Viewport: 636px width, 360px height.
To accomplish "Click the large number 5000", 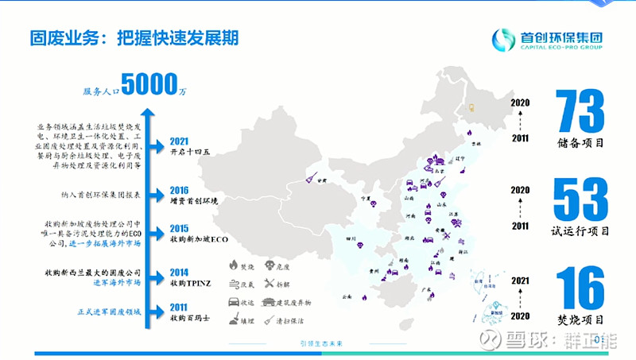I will [x=149, y=84].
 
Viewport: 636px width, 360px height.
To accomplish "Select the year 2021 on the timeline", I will [x=180, y=142].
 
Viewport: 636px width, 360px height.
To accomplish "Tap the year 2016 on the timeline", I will [x=180, y=191].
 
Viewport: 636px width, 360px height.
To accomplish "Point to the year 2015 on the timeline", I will [x=180, y=229].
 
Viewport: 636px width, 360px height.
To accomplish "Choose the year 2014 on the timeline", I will [x=180, y=272].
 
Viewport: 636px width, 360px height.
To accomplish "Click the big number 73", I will [x=580, y=111].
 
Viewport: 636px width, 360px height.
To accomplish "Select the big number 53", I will [x=580, y=201].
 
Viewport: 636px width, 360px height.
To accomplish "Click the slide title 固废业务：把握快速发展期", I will [x=135, y=38].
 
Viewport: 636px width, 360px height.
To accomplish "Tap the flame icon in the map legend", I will [x=234, y=265].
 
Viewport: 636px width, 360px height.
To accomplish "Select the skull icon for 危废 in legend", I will [x=270, y=265].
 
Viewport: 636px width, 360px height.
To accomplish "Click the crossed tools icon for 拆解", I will [x=270, y=283].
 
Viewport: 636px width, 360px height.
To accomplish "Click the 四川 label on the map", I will [x=351, y=238].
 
